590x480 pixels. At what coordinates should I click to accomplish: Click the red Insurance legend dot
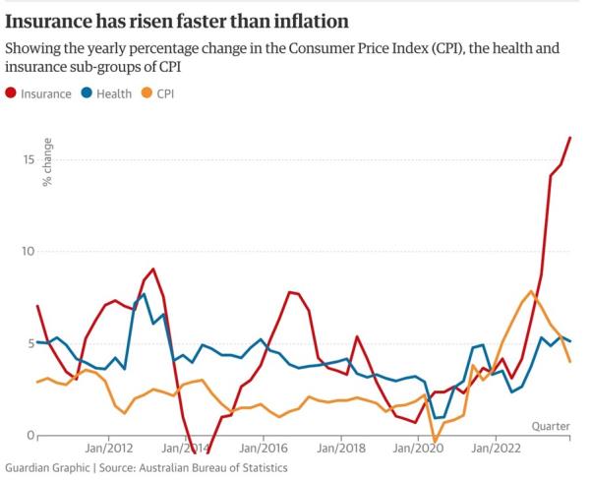(12, 93)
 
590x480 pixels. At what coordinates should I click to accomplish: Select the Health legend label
(116, 93)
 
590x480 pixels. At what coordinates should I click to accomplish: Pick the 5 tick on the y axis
(30, 343)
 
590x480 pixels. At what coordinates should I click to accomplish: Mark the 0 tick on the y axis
(30, 435)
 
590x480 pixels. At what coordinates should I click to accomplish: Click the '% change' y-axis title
(47, 165)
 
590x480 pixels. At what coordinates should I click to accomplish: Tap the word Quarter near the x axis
(552, 426)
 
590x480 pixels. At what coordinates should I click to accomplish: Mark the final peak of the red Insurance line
(570, 138)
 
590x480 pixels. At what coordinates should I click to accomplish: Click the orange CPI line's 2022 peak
(532, 291)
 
